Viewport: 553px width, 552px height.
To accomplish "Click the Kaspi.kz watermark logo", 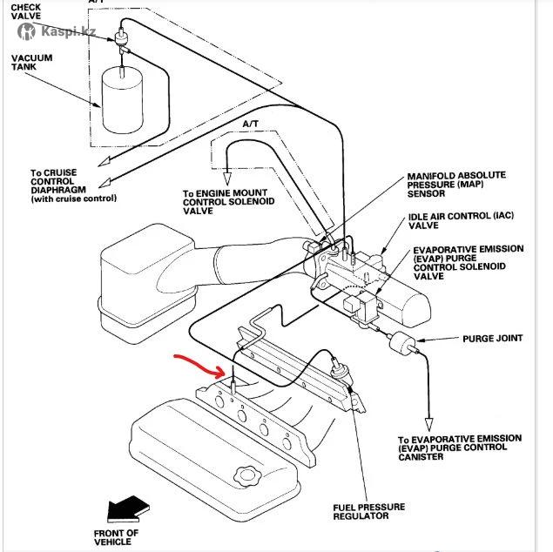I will (57, 31).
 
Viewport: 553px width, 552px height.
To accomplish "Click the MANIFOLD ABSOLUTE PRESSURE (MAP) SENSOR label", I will (455, 185).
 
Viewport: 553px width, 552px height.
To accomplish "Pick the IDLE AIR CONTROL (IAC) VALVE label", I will (455, 220).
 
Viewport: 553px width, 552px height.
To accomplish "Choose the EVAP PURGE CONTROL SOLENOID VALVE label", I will (467, 262).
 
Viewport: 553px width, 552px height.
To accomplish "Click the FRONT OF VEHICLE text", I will (116, 537).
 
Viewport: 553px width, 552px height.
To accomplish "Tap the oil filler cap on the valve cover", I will (247, 477).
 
